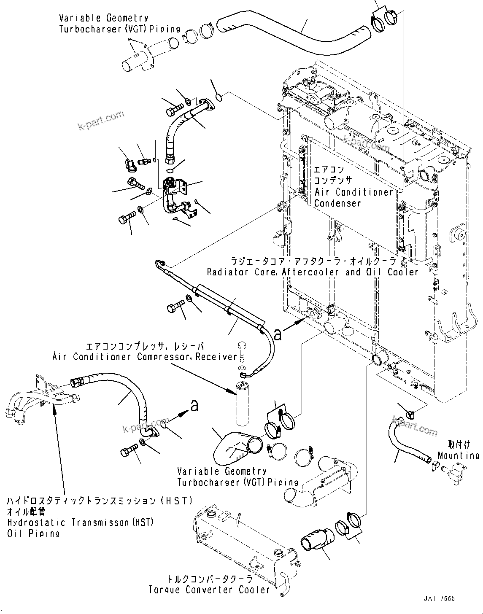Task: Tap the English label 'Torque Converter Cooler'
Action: [x=209, y=590]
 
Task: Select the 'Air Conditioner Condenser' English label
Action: [x=353, y=197]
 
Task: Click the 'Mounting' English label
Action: [x=458, y=455]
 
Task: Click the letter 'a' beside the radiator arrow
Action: [x=278, y=334]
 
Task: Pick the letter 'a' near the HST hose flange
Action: [x=194, y=406]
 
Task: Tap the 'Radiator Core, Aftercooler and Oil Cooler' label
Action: [x=312, y=272]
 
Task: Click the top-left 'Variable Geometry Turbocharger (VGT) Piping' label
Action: [x=119, y=24]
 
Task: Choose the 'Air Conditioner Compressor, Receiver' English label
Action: [x=145, y=357]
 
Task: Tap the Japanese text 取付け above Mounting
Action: [x=458, y=445]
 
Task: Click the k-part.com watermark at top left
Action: [x=101, y=120]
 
